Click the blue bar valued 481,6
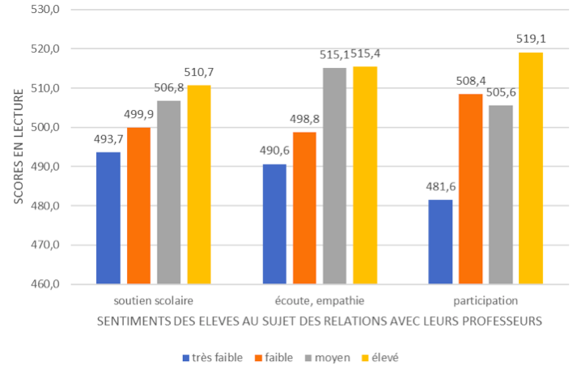(x=440, y=242)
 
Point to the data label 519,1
(x=530, y=38)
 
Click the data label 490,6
(x=274, y=151)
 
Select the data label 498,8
(x=304, y=118)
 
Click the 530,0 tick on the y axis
(x=48, y=10)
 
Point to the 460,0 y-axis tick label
(x=48, y=285)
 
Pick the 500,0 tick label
(x=48, y=128)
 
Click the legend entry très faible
(x=212, y=357)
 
